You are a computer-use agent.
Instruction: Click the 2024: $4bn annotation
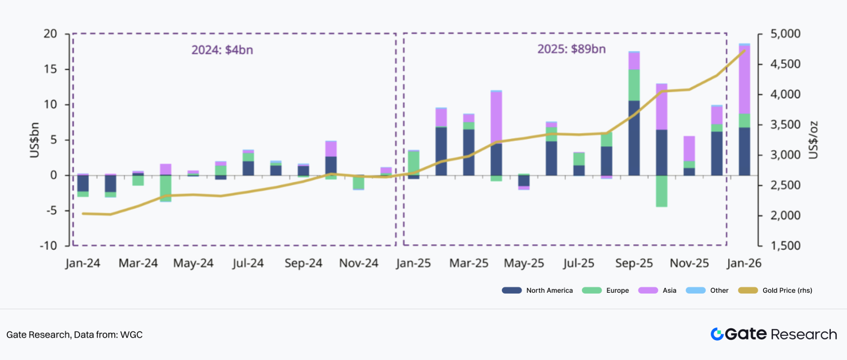click(222, 50)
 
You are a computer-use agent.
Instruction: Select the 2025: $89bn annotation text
click(571, 49)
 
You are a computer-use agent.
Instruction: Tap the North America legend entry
click(537, 290)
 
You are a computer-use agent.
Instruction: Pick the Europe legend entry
click(606, 290)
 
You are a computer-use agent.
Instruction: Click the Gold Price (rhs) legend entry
click(775, 290)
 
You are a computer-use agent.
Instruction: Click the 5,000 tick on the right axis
click(785, 34)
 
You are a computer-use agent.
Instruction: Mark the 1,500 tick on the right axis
click(785, 245)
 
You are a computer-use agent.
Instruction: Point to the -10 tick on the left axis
click(48, 245)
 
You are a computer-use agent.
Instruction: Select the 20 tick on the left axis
click(50, 34)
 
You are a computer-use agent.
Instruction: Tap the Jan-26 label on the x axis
click(744, 263)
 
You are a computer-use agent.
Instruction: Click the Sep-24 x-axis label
click(303, 263)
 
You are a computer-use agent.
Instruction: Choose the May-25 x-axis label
click(524, 263)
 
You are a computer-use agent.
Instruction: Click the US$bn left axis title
click(34, 140)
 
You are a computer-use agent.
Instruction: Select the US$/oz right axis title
click(814, 140)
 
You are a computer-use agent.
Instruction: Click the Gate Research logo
click(774, 334)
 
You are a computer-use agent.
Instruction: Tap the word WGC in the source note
click(131, 335)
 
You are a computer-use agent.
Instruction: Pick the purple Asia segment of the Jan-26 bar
click(744, 79)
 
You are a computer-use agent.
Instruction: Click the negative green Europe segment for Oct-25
click(661, 191)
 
